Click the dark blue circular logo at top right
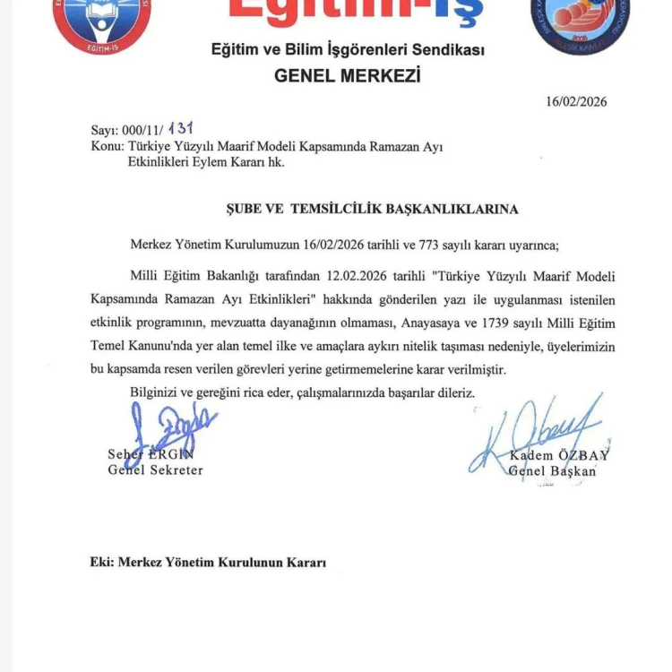coord(580,23)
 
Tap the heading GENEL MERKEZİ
coord(347,75)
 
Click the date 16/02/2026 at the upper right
coord(576,101)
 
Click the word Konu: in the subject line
coord(108,146)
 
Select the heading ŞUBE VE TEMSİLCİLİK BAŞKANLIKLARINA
coord(372,209)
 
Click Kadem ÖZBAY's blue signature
coord(533,435)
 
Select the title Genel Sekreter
coord(155,470)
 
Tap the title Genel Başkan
coord(551,471)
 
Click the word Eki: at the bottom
coord(102,563)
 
